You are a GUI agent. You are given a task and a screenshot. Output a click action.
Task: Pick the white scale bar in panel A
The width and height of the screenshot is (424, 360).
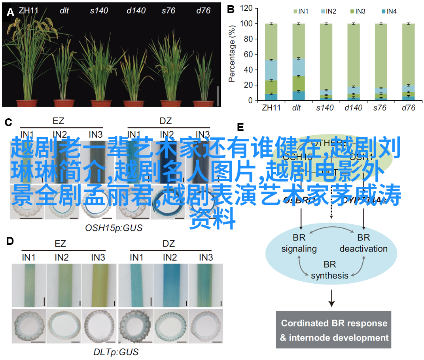(x=218, y=96)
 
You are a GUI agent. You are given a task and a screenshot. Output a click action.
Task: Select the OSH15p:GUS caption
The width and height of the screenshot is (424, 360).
(x=114, y=228)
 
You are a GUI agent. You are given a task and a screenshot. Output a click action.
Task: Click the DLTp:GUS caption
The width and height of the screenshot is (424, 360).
(x=116, y=351)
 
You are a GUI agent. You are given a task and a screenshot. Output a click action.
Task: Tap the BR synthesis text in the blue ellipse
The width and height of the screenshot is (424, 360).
(x=329, y=270)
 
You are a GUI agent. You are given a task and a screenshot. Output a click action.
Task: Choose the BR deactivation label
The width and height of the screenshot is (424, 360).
(x=363, y=243)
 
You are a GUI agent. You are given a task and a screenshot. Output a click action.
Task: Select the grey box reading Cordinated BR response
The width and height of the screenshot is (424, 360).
(x=333, y=330)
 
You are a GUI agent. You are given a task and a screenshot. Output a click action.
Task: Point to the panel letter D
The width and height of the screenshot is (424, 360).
(x=10, y=241)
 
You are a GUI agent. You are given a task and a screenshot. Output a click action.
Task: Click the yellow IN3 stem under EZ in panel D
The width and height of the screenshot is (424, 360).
(x=98, y=285)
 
